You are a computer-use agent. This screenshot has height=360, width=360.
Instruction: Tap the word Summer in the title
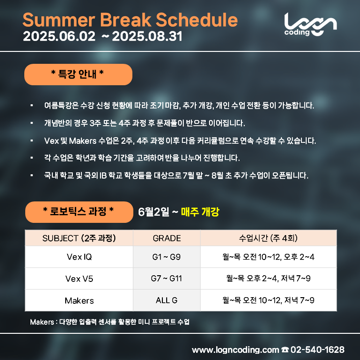point(59,20)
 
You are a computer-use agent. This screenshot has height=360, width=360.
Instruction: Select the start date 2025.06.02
point(59,36)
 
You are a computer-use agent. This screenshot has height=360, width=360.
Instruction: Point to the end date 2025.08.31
point(147,36)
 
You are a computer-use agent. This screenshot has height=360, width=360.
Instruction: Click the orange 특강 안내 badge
point(78,74)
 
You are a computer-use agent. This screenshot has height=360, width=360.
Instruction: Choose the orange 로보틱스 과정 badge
point(79,212)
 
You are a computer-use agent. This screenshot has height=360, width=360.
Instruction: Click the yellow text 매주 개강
point(200,212)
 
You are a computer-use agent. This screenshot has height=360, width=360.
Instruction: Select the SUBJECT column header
point(79,238)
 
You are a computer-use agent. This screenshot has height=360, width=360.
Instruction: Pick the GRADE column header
point(167,238)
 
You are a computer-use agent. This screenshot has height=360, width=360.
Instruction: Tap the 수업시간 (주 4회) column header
point(269,238)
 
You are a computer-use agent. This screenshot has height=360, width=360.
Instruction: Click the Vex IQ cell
point(79,257)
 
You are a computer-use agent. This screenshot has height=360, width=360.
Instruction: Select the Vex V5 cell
point(79,279)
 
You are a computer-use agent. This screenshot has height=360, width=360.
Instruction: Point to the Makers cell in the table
point(79,300)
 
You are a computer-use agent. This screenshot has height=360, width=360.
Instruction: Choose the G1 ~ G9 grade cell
point(167,257)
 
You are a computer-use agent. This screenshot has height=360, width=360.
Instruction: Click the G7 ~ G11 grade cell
point(167,279)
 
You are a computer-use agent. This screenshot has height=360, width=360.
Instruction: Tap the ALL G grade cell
point(167,300)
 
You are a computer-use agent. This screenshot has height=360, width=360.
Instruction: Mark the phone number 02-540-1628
point(317,350)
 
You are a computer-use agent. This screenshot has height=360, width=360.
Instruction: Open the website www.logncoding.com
point(235,350)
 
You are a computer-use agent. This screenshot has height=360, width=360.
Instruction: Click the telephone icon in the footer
point(285,350)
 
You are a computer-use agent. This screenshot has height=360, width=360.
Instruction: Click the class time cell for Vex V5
point(269,279)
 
